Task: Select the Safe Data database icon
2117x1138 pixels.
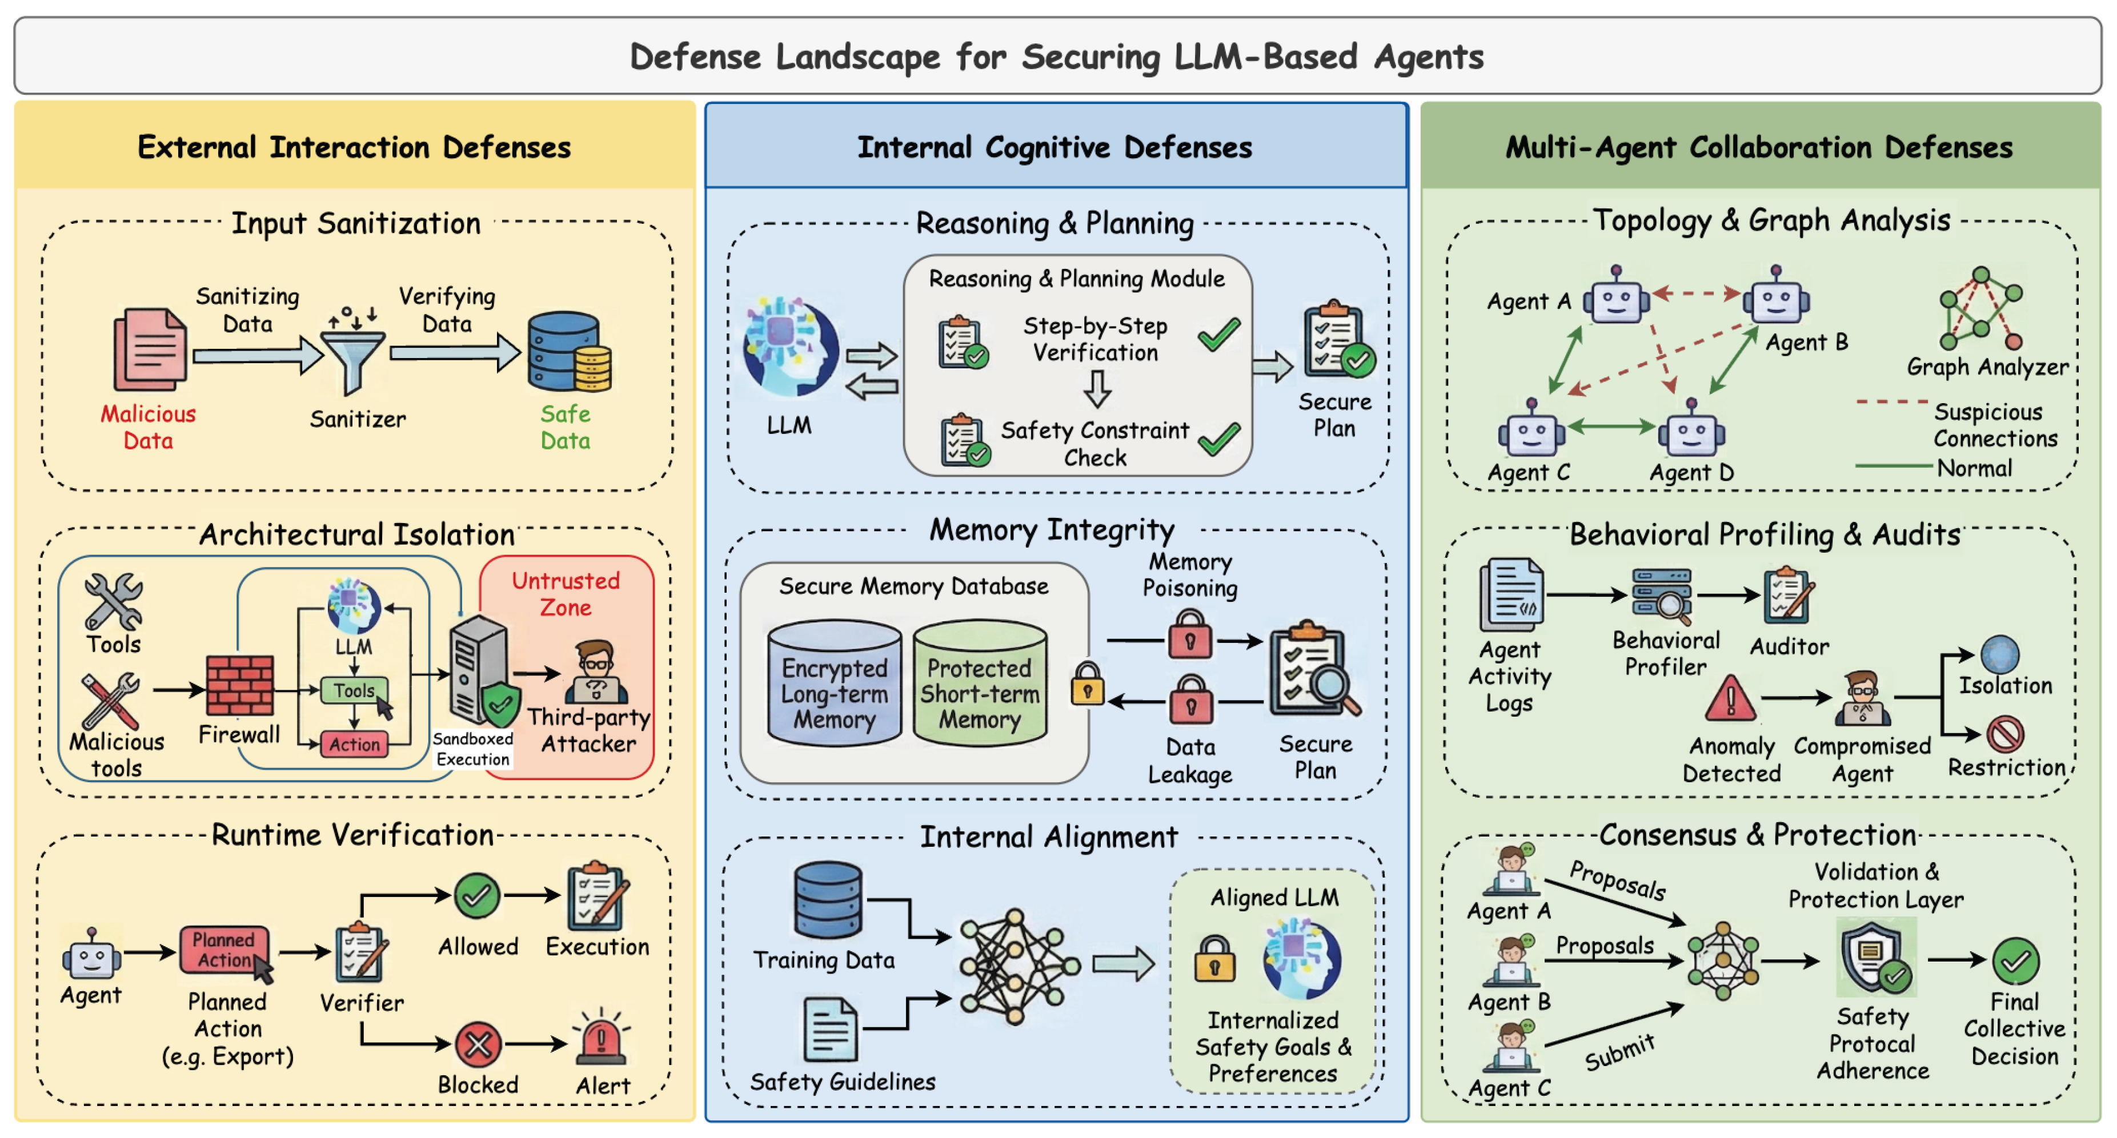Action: click(x=569, y=352)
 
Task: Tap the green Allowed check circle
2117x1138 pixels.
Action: click(x=478, y=895)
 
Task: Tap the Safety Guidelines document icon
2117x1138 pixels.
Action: click(x=831, y=1030)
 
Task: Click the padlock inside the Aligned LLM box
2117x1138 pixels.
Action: click(x=1214, y=958)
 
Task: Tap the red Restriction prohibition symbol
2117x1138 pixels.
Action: click(x=2005, y=734)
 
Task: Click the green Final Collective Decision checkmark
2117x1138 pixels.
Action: click(x=2016, y=962)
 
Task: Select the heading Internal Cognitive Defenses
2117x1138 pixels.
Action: click(x=1055, y=148)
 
